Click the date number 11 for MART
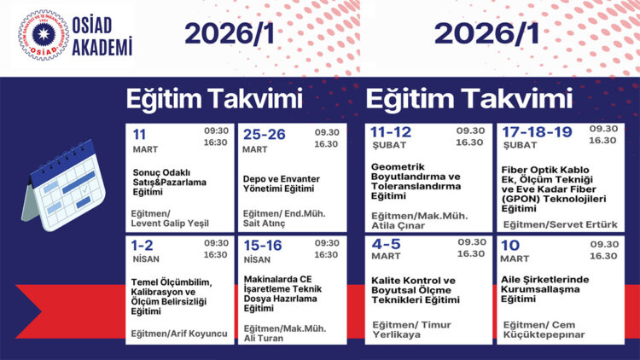[139, 134]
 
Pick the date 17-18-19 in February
[537, 133]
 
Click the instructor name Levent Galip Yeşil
[170, 224]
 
